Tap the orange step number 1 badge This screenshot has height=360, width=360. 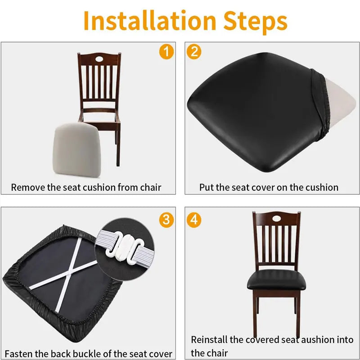coord(166,52)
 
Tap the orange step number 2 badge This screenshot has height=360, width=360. coord(194,52)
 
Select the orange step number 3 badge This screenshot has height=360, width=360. coord(166,220)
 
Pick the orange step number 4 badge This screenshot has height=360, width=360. coord(194,220)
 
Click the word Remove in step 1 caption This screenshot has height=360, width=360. coord(27,187)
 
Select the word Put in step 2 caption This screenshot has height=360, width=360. coord(206,187)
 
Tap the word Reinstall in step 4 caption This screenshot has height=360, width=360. coord(210,340)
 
